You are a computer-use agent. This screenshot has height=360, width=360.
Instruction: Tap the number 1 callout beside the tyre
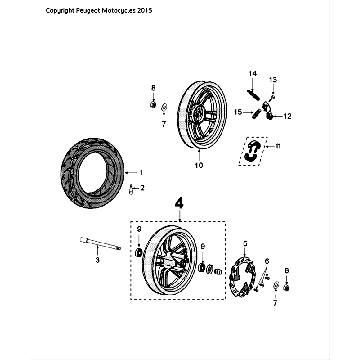pos(141,172)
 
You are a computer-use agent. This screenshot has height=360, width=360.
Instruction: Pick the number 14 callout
pos(253,74)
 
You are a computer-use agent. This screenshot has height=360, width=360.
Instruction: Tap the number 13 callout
pos(275,79)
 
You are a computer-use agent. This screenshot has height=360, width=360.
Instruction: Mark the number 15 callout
pos(239,113)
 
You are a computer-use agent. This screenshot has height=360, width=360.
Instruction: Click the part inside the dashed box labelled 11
pos(254,150)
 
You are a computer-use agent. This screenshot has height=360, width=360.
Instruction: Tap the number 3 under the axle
pos(98,260)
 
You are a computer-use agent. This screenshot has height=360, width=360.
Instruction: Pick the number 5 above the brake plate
pos(243,242)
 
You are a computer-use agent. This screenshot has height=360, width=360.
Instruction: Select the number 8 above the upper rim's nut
pos(153,88)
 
